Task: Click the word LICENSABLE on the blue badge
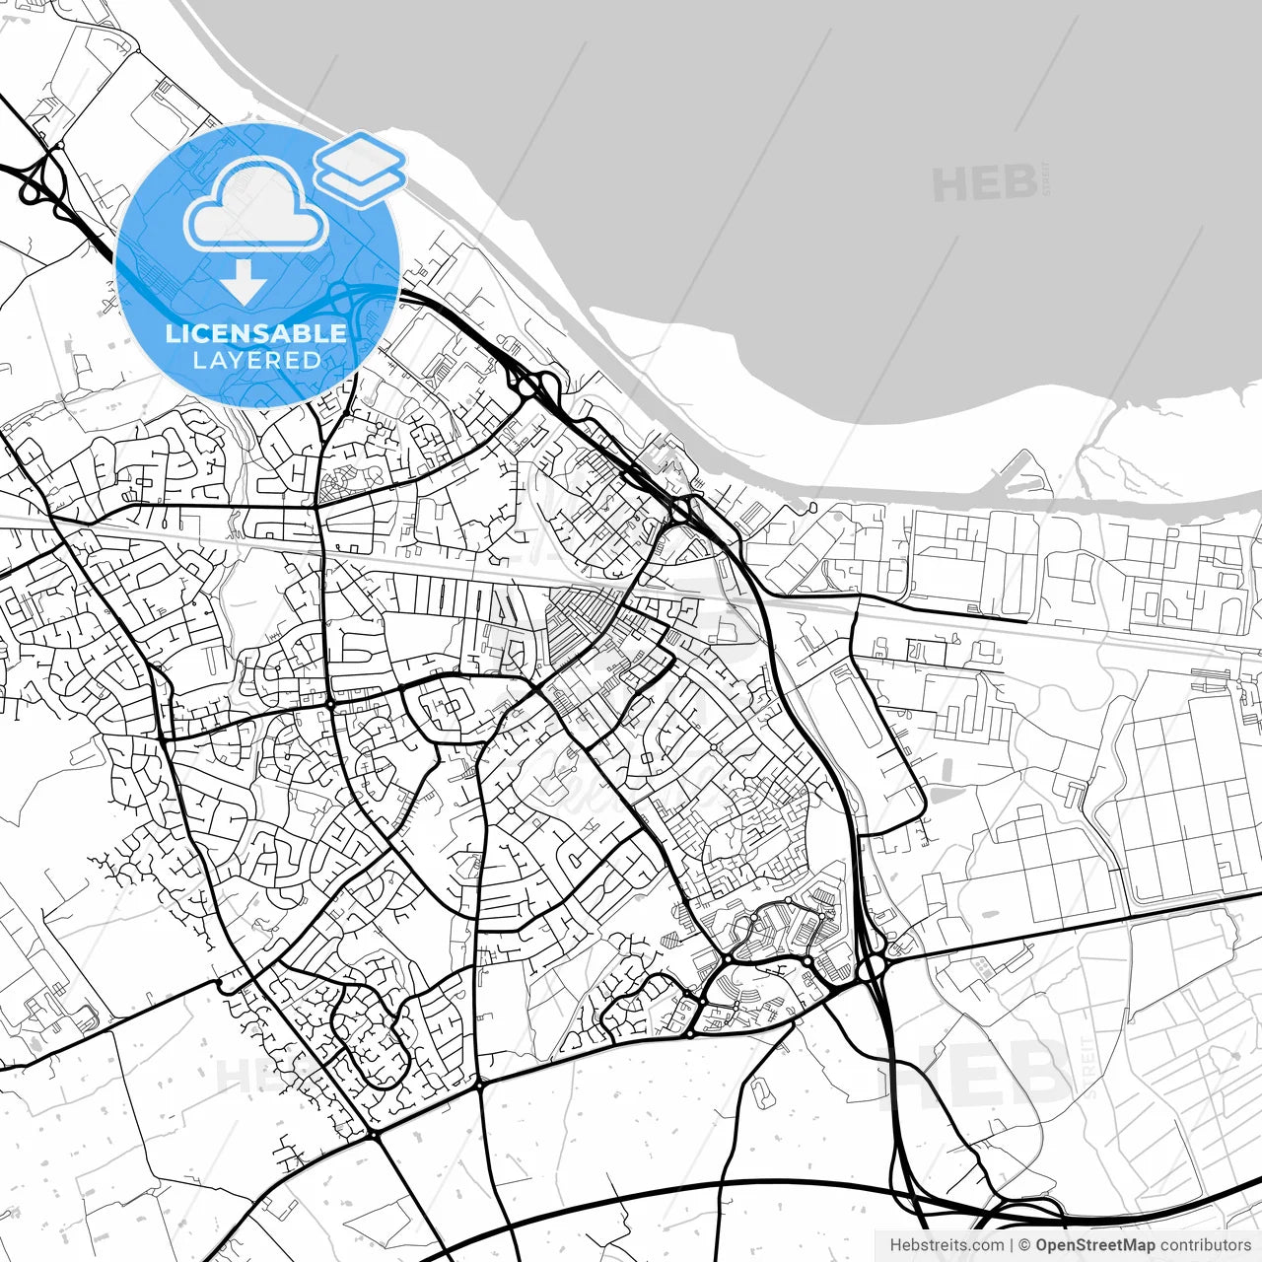click(x=255, y=333)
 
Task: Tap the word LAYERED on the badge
click(x=256, y=361)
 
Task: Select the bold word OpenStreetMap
click(x=1095, y=1245)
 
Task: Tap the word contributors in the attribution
click(x=1205, y=1245)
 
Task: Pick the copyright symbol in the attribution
click(x=1025, y=1245)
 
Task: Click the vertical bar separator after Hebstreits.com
click(x=1012, y=1245)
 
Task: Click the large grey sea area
click(x=789, y=197)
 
